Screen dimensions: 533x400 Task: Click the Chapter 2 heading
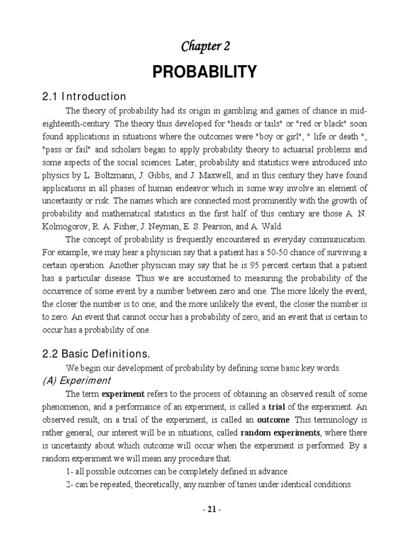(x=205, y=46)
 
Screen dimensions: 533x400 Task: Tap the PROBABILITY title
(x=205, y=72)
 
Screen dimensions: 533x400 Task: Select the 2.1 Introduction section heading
(x=84, y=97)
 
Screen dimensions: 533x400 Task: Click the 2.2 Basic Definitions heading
(x=96, y=354)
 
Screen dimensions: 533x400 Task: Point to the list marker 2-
(x=70, y=484)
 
